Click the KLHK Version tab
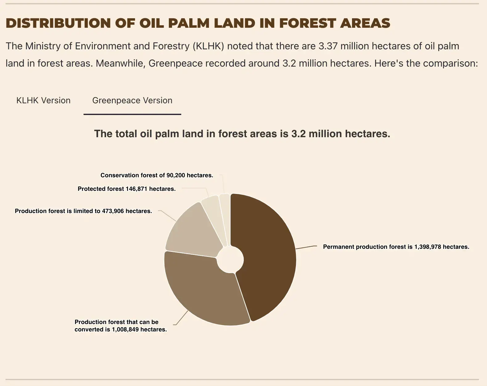43,100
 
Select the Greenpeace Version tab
132,100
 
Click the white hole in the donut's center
230,260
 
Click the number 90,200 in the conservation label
176,175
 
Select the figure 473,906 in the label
113,211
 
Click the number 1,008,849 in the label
125,329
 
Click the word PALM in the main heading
189,23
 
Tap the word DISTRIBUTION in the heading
58,23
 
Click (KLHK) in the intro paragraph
208,46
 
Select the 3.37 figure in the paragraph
328,46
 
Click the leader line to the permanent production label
306,247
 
